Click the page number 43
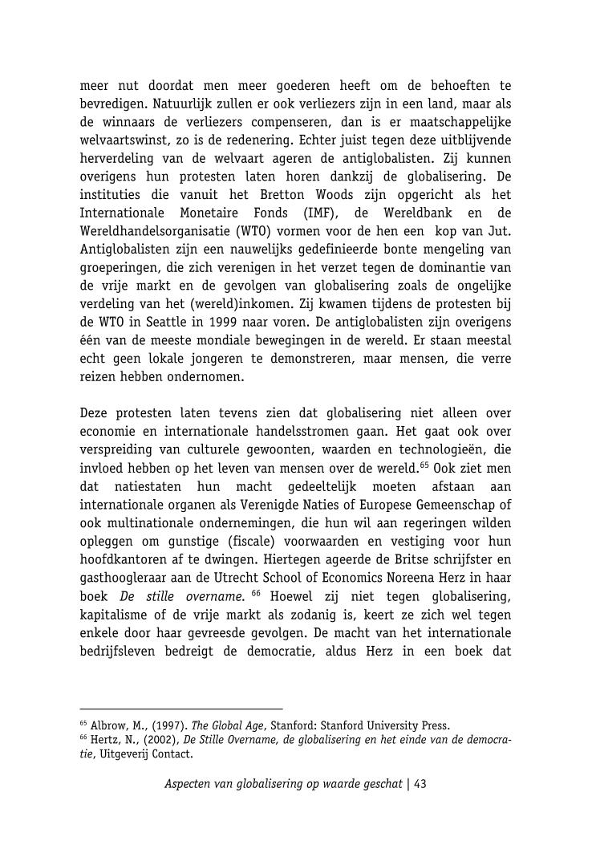tap(420, 783)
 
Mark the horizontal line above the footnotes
tap(181, 709)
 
